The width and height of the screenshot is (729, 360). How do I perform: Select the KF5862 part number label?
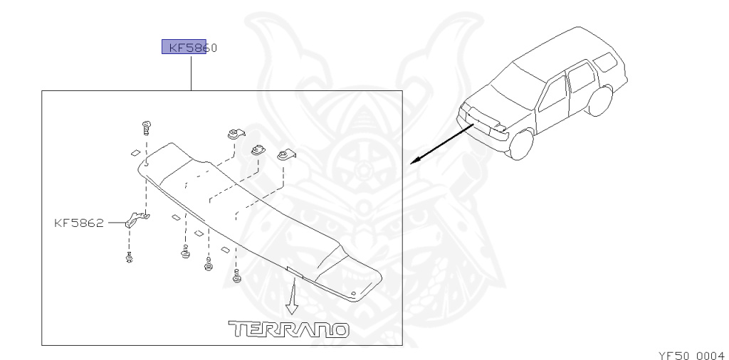pyautogui.click(x=78, y=223)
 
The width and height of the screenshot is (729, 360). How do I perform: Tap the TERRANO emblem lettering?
pyautogui.click(x=288, y=329)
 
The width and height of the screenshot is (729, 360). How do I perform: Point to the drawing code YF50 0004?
pyautogui.click(x=688, y=354)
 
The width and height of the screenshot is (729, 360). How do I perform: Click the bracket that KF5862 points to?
pyautogui.click(x=135, y=220)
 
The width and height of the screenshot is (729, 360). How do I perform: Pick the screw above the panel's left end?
pyautogui.click(x=146, y=128)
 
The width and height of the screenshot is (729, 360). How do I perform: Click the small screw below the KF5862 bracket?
pyautogui.click(x=130, y=258)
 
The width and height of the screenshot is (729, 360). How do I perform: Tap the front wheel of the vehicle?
pyautogui.click(x=522, y=144)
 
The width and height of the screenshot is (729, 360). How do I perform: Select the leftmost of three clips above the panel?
pyautogui.click(x=236, y=133)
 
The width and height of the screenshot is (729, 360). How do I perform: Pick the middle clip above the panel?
pyautogui.click(x=258, y=152)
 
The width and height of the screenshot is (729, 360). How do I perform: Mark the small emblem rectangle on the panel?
pyautogui.click(x=294, y=271)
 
